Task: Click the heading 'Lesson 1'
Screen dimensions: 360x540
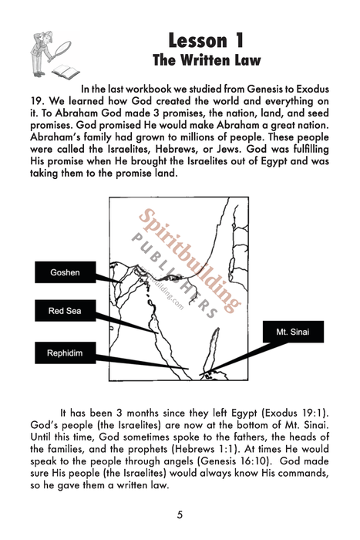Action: point(206,39)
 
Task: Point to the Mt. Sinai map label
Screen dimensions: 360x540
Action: point(294,332)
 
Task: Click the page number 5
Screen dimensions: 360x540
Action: point(180,515)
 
